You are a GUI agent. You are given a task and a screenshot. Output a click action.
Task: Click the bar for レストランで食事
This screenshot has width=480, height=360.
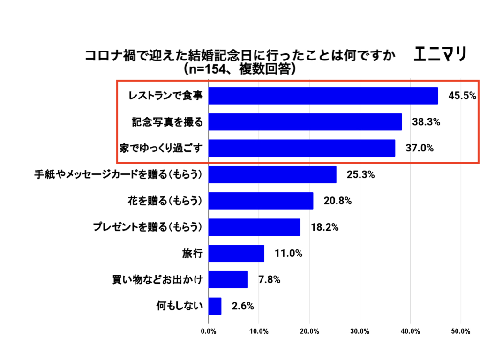(323, 96)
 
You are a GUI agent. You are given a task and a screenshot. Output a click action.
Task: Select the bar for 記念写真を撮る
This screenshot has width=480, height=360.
(305, 122)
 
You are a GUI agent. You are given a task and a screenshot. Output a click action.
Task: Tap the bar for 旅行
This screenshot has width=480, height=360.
(236, 253)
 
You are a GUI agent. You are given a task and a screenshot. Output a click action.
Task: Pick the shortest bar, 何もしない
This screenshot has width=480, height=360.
(215, 306)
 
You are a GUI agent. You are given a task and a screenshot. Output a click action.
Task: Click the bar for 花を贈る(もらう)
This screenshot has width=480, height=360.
(261, 201)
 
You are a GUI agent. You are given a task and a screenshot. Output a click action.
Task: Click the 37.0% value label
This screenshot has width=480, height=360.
(420, 149)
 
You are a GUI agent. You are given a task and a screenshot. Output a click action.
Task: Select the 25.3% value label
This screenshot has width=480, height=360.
(360, 175)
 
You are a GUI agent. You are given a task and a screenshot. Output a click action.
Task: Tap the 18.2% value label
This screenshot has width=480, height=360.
(324, 227)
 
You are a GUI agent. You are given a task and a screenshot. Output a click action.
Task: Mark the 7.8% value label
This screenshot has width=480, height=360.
(269, 280)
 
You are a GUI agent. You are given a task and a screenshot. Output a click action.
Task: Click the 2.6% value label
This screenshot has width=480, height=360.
(243, 306)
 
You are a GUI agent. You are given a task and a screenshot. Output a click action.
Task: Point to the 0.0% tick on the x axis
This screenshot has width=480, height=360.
(208, 331)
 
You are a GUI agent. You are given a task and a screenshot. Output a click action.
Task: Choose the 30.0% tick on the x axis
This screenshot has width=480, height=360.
(360, 331)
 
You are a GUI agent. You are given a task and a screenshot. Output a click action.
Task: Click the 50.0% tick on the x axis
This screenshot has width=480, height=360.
(461, 331)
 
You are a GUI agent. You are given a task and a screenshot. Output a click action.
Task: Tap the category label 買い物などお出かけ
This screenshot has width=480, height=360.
(157, 280)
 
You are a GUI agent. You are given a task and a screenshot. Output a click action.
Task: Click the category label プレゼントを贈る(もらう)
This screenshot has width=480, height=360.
(147, 227)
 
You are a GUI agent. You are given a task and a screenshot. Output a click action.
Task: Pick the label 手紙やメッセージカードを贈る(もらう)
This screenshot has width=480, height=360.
(118, 175)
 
